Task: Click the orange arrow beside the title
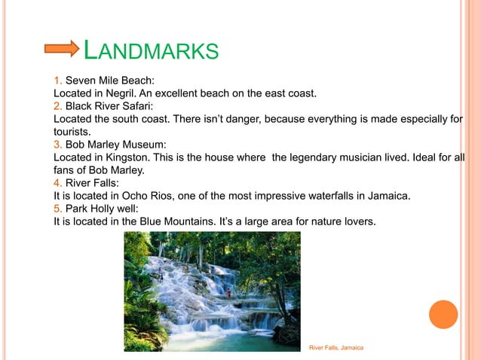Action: coord(62,49)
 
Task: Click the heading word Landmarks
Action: coord(151,50)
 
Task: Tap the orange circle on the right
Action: coord(443,315)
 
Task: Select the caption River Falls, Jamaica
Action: coord(337,347)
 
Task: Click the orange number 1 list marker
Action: coord(57,80)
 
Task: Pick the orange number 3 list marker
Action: coord(57,144)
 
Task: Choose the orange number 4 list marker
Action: coord(57,182)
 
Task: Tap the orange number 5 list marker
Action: coord(57,208)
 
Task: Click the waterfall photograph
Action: coord(212,291)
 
